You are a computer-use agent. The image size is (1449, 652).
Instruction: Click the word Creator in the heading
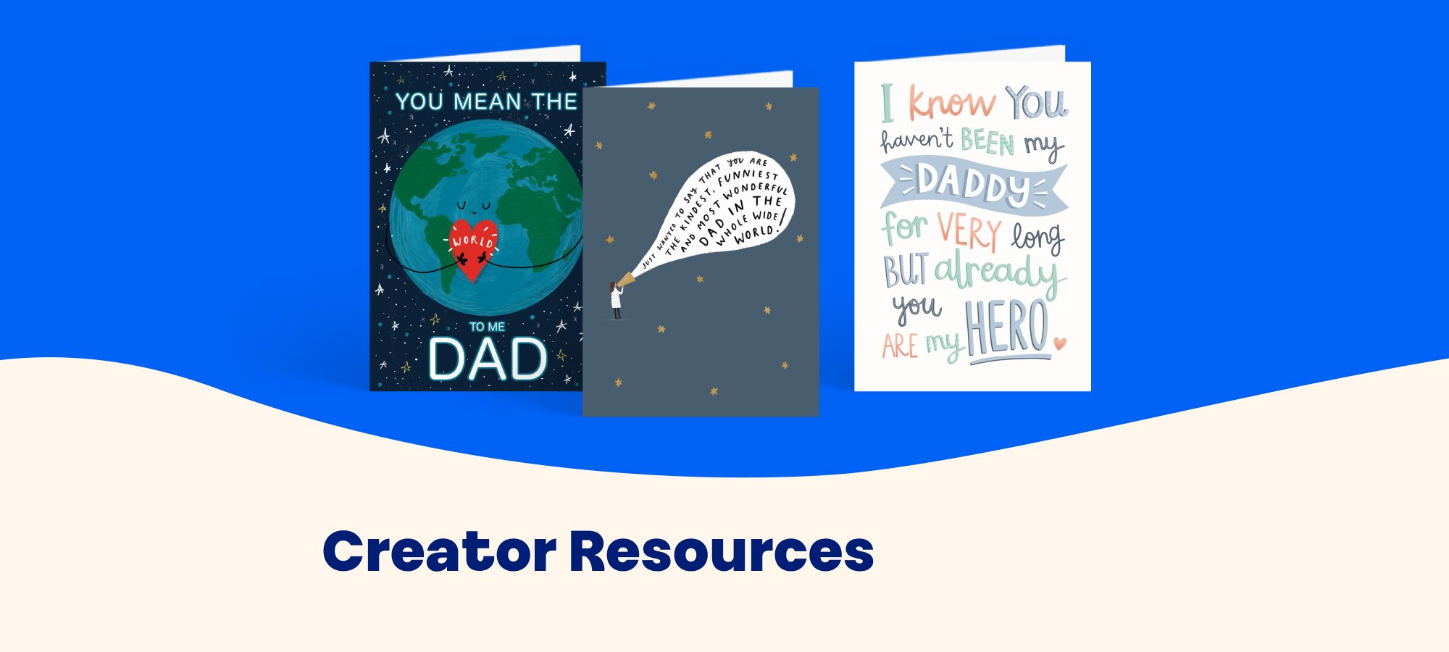(x=440, y=552)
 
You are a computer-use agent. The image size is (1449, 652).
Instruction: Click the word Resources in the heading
(x=722, y=552)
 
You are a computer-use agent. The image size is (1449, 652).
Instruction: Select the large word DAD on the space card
(x=488, y=359)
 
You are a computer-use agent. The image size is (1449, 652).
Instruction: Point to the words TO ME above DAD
(x=487, y=327)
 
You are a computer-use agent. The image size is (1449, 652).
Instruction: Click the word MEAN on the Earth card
(x=487, y=101)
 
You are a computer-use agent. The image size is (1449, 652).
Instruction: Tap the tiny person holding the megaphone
(x=616, y=300)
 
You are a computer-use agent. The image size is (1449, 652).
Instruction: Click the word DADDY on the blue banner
(x=974, y=184)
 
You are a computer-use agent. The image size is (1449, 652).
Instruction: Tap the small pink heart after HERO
(x=1059, y=343)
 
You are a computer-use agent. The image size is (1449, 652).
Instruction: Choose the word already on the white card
(x=1000, y=272)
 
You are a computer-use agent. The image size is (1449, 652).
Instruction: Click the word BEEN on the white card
(x=987, y=141)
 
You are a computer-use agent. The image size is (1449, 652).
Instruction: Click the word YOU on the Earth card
(x=420, y=101)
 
